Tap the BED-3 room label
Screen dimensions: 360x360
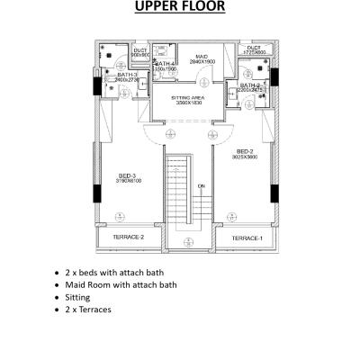127,175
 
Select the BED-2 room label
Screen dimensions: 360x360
245,150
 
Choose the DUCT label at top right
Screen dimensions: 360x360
254,47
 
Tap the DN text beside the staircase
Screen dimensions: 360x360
202,185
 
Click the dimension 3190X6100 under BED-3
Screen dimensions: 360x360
127,182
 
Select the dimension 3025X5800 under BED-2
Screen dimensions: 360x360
245,157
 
